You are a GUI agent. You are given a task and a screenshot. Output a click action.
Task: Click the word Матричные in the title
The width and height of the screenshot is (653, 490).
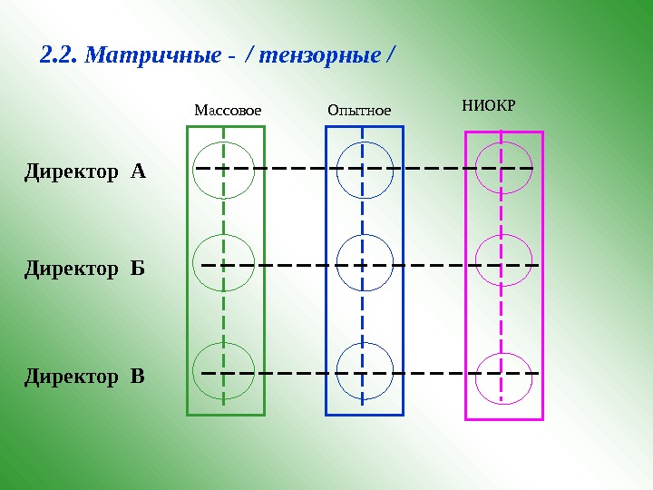(x=151, y=56)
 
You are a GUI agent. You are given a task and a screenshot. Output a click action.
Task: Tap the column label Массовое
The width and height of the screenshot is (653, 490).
(x=228, y=111)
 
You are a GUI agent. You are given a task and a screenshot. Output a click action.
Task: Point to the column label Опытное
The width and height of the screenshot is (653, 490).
(x=358, y=111)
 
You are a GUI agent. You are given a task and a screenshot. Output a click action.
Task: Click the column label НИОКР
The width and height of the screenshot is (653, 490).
(x=488, y=106)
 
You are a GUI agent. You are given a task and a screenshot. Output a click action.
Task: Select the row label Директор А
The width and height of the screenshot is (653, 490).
(x=84, y=171)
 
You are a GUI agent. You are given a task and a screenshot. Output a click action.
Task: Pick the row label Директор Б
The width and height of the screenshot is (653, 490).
(x=84, y=269)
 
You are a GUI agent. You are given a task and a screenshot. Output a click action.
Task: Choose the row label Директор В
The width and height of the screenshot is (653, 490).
(x=84, y=375)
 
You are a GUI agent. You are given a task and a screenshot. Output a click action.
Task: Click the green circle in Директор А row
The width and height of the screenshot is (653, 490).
(x=224, y=170)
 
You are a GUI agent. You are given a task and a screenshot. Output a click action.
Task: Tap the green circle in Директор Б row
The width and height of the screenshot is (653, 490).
(x=224, y=263)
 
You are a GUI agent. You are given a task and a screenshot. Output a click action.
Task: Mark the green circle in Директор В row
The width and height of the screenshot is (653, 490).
(x=224, y=372)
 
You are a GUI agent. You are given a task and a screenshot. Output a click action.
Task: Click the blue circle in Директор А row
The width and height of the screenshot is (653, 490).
(x=365, y=170)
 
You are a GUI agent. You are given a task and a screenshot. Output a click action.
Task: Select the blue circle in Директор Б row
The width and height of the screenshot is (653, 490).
(x=365, y=263)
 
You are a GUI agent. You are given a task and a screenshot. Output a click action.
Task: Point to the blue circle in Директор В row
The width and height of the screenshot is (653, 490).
(x=365, y=372)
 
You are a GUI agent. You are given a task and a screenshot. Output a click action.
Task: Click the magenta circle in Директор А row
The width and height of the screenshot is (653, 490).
(x=503, y=166)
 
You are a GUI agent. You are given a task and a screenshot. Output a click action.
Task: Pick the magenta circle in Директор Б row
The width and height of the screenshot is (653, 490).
(x=503, y=261)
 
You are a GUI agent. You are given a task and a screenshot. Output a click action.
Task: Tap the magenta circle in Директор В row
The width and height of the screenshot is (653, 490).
(x=503, y=376)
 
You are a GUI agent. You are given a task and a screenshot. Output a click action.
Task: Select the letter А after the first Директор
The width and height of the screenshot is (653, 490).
(x=138, y=171)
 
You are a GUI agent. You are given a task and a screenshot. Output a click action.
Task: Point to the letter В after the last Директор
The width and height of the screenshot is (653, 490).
(x=137, y=375)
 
